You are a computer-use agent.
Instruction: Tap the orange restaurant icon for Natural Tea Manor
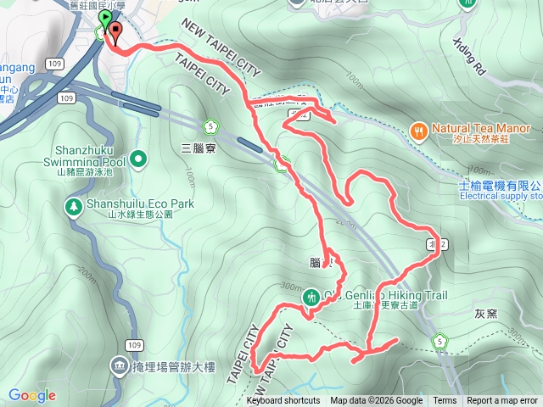[x=417, y=131]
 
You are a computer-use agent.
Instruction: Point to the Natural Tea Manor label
[x=480, y=128]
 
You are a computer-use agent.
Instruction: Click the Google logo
[x=31, y=395]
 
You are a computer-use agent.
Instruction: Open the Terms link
[x=445, y=401]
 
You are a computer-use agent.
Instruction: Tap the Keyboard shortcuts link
[x=283, y=401]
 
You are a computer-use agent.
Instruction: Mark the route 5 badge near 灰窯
[x=439, y=342]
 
